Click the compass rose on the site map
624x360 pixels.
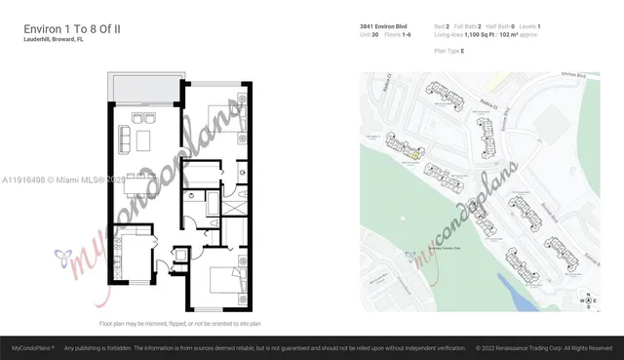587,301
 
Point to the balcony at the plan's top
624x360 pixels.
144,90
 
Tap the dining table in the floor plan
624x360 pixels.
143,140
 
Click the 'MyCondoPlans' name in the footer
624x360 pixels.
32,347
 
